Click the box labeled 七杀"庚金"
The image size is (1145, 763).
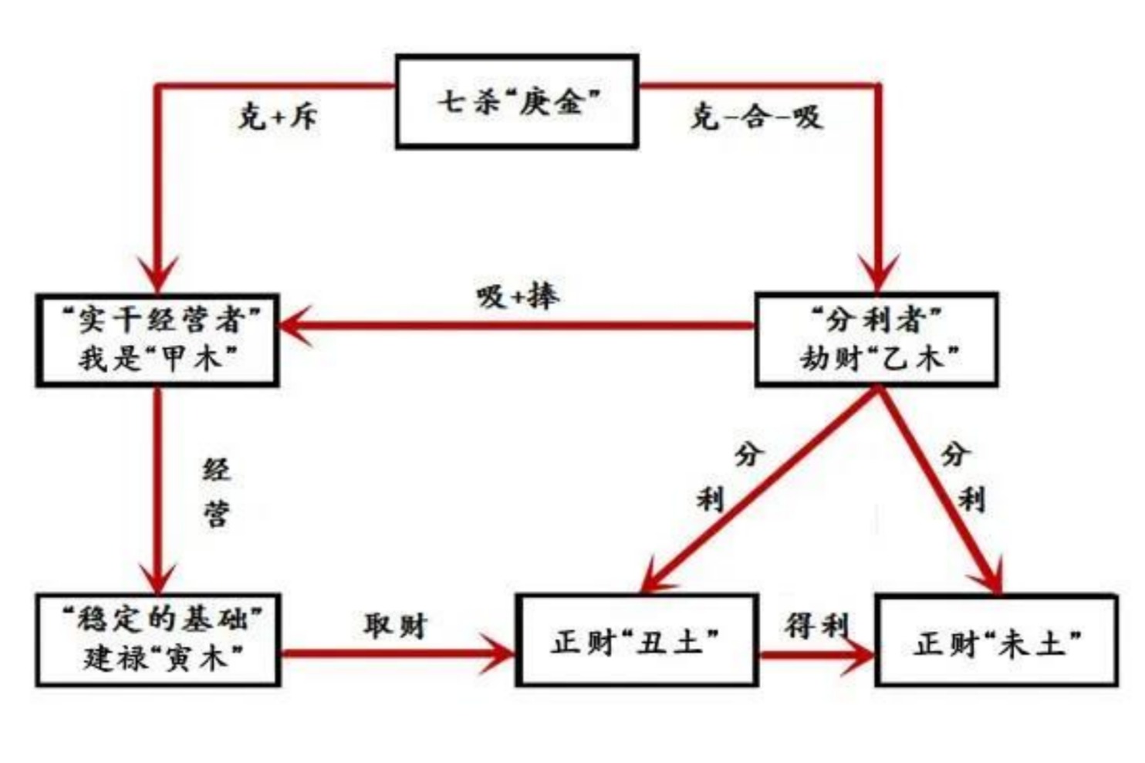517,101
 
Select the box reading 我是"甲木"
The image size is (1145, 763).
158,340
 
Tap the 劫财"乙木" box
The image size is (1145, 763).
876,339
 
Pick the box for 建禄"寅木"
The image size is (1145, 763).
158,640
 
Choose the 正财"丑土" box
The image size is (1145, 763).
637,640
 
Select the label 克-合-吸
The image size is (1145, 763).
756,117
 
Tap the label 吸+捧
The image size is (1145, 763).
517,295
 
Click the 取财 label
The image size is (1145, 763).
395,625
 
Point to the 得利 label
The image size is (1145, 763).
816,625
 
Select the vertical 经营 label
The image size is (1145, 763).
217,491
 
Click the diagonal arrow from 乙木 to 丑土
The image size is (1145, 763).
760,490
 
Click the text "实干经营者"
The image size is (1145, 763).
160,319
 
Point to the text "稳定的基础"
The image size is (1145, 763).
160,619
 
